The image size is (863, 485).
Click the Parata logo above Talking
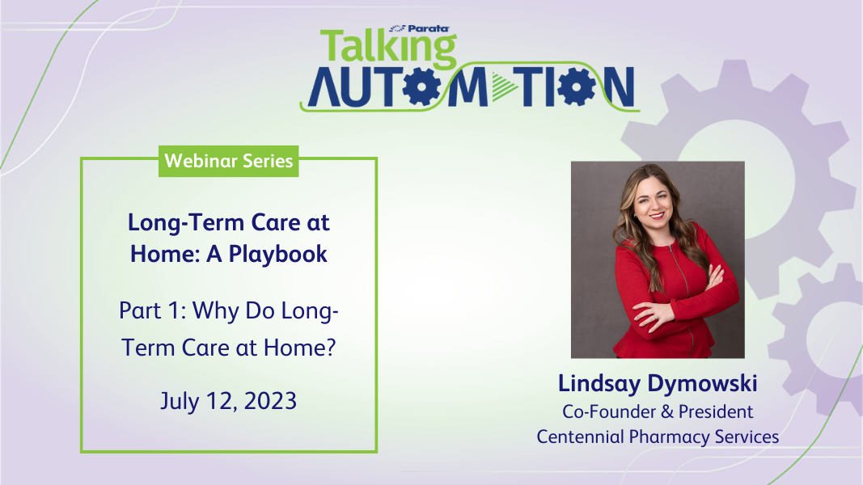pyautogui.click(x=420, y=28)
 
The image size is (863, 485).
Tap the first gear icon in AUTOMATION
pyautogui.click(x=421, y=86)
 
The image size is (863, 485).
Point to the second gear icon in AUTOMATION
pyautogui.click(x=576, y=86)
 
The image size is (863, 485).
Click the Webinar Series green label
pyautogui.click(x=228, y=161)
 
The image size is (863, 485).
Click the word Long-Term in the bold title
pyautogui.click(x=186, y=223)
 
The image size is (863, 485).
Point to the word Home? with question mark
pyautogui.click(x=300, y=348)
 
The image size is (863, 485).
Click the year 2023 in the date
pyautogui.click(x=270, y=401)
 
